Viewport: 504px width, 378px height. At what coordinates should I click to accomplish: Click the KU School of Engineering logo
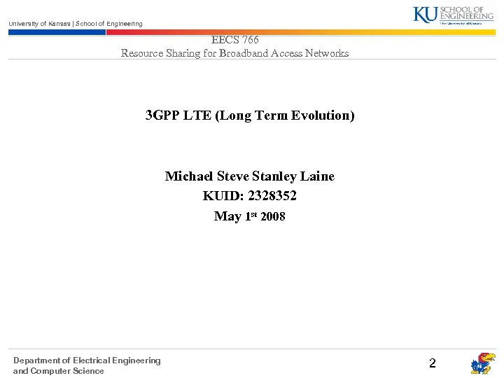click(x=453, y=15)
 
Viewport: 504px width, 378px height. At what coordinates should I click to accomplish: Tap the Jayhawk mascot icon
click(x=482, y=364)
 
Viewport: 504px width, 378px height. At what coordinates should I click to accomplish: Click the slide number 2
click(x=432, y=363)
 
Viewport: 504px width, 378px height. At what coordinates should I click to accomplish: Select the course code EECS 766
click(x=235, y=41)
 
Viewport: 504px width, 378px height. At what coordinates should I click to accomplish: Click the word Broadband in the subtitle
click(x=246, y=53)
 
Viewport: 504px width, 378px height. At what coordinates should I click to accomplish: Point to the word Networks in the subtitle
click(x=327, y=53)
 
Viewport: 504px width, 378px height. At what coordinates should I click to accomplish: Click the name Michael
click(x=190, y=176)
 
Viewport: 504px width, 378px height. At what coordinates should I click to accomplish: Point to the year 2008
click(x=273, y=217)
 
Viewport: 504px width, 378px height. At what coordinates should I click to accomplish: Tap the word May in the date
click(x=227, y=217)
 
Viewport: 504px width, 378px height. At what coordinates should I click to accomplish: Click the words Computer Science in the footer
click(x=67, y=371)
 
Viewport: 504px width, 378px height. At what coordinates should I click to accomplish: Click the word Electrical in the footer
click(x=92, y=360)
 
